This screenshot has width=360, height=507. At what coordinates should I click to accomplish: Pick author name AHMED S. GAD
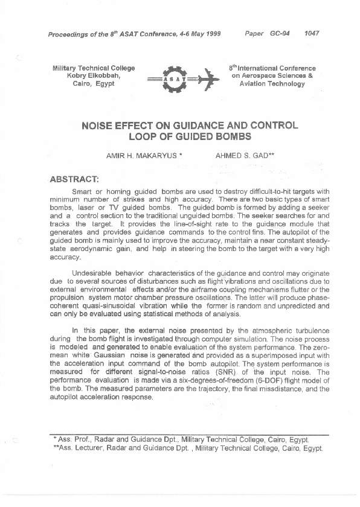(x=244, y=156)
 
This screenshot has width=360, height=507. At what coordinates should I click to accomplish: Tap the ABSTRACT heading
(x=74, y=179)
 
